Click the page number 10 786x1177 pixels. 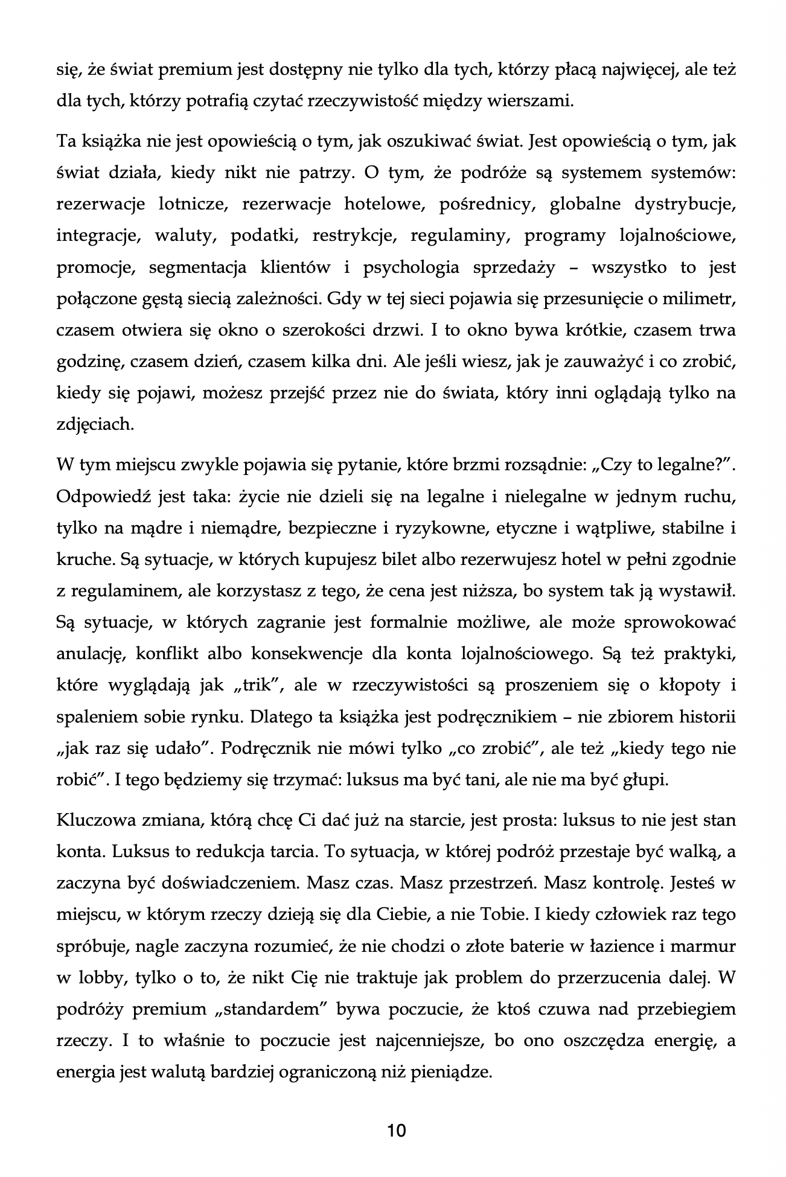[x=397, y=1130]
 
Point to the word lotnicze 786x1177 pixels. [x=184, y=204]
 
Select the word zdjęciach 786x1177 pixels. [x=94, y=424]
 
